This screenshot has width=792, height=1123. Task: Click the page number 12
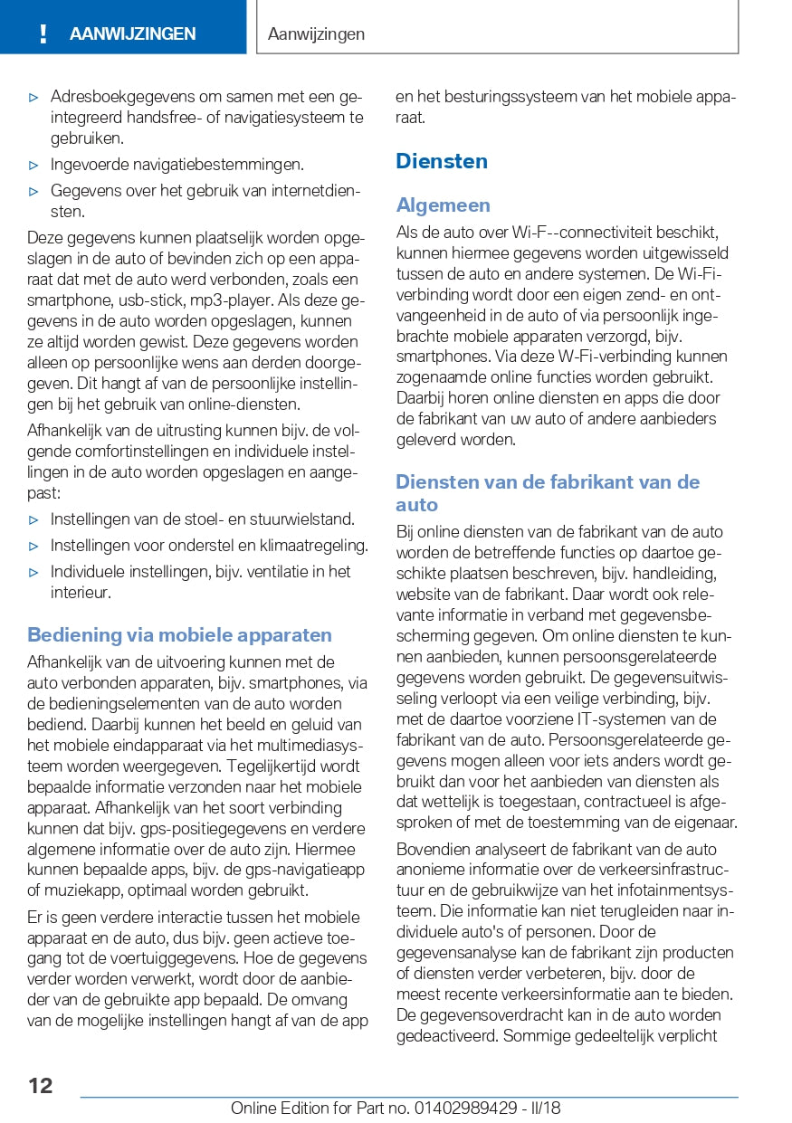coord(40,1085)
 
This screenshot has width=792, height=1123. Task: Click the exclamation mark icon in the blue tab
coord(43,34)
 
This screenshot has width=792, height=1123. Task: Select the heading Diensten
coord(442,161)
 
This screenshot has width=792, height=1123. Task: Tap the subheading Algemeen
coord(443,205)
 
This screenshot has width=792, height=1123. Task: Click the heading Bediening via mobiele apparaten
coord(179,634)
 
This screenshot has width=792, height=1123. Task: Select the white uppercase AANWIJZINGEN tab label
coord(132,34)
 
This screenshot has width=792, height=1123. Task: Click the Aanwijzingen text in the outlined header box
coord(317,34)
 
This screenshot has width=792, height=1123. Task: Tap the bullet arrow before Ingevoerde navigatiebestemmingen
coord(33,165)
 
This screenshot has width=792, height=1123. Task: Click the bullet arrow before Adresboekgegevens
coord(33,96)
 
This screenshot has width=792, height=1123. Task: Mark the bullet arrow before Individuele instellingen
coord(33,572)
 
